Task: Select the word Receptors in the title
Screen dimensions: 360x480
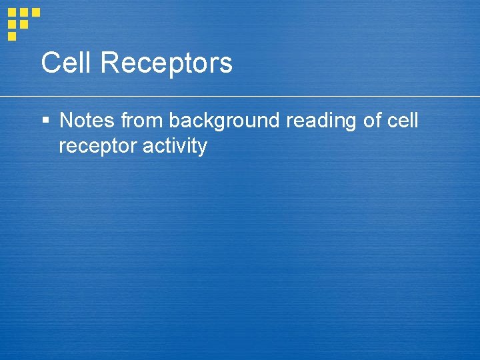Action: [x=167, y=63]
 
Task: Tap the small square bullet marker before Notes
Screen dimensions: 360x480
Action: [x=45, y=121]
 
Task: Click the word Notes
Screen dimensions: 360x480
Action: [x=87, y=121]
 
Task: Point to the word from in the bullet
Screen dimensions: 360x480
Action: [x=142, y=121]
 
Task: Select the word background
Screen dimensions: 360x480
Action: [x=224, y=121]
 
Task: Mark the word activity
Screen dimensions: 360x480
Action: [x=175, y=147]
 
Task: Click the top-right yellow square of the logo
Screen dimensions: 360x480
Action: [x=36, y=12]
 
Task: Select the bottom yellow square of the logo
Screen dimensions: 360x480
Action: [x=12, y=36]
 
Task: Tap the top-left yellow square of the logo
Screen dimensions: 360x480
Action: [x=12, y=12]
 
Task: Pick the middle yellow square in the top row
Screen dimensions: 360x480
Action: [x=24, y=12]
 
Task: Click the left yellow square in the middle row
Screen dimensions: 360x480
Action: [x=12, y=24]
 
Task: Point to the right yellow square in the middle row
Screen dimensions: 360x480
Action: [x=24, y=24]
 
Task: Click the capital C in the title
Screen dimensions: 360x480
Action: [x=50, y=63]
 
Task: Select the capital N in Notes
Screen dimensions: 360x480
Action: [x=67, y=121]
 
